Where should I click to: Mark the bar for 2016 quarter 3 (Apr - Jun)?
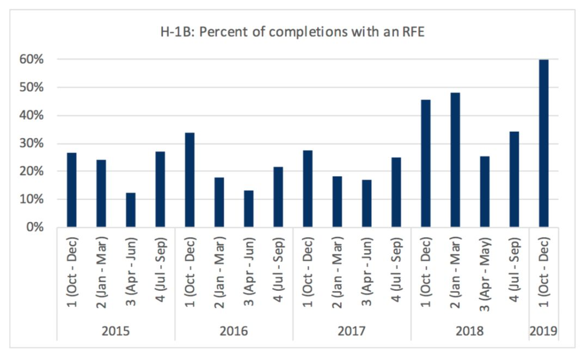pyautogui.click(x=249, y=209)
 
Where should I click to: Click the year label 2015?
pyautogui.click(x=115, y=331)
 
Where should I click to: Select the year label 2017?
pyautogui.click(x=352, y=331)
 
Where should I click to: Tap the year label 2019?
pyautogui.click(x=543, y=331)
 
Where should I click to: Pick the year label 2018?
pyautogui.click(x=470, y=331)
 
